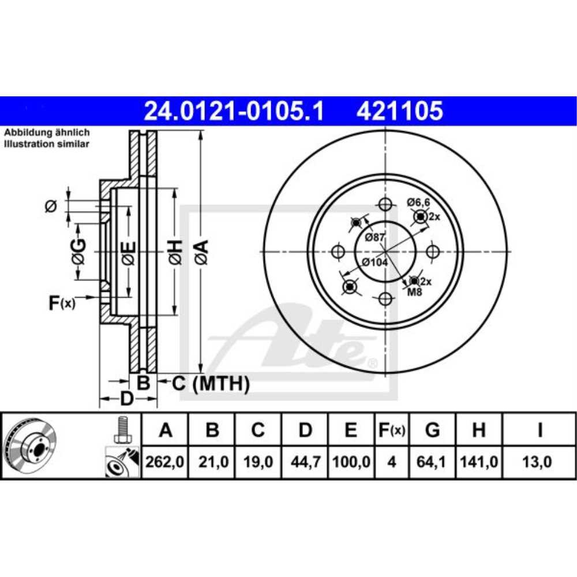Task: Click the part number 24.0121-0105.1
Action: point(234,111)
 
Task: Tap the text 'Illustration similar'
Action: point(47,144)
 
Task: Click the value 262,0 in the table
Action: point(165,462)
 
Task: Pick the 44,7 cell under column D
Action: point(305,462)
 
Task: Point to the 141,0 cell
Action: point(478,462)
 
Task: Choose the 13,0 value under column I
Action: point(539,462)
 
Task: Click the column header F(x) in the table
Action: point(391,430)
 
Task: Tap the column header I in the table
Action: point(539,430)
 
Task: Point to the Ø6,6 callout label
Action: point(418,202)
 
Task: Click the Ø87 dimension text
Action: point(375,237)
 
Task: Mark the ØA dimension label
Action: point(201,253)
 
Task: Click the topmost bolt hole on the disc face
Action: point(385,204)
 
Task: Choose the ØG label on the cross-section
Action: point(79,252)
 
